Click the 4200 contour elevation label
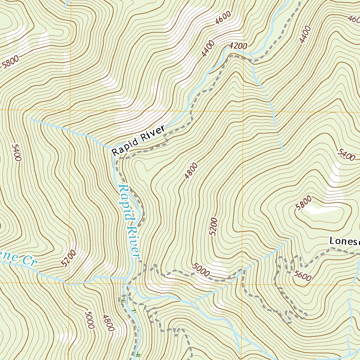click(238, 46)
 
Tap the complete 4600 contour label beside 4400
click(224, 18)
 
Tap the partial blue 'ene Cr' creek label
click(18, 259)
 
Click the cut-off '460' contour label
click(353, 18)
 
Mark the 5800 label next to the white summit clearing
click(303, 203)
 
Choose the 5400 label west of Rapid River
click(17, 152)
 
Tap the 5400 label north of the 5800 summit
click(346, 155)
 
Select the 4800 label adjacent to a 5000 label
click(108, 323)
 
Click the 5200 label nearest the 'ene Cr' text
click(68, 258)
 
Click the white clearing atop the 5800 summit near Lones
click(322, 210)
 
